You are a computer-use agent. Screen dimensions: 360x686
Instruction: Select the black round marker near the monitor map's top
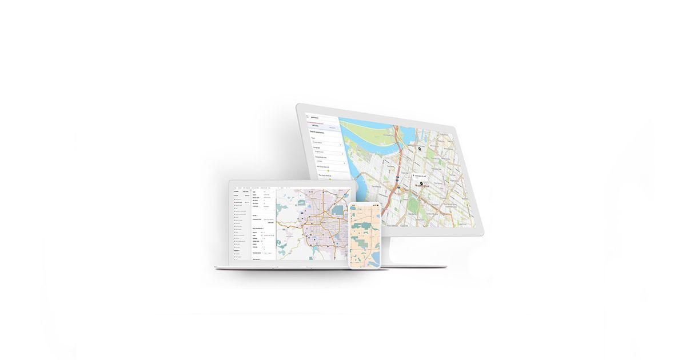419,148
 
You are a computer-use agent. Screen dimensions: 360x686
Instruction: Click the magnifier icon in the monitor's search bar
307,115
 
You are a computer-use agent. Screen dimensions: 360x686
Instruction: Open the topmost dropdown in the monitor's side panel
326,143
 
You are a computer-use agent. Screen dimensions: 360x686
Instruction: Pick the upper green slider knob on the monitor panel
329,170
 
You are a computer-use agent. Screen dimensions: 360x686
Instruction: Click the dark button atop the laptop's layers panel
244,191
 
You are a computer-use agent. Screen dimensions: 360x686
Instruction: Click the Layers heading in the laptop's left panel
236,191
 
